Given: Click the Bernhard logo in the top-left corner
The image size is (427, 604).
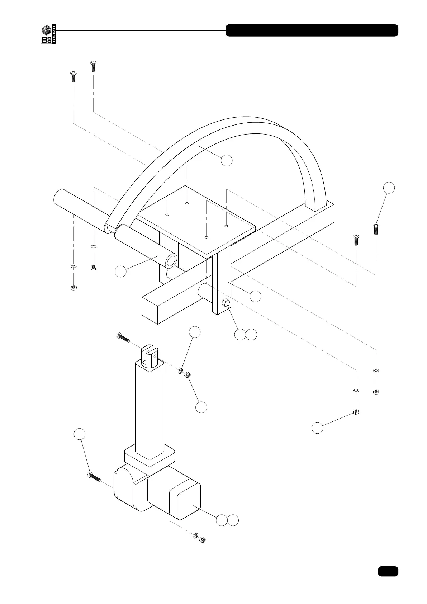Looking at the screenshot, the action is click(48, 34).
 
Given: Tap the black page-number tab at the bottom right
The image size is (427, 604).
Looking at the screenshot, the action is click(388, 571).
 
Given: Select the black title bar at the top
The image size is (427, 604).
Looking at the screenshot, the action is click(312, 30).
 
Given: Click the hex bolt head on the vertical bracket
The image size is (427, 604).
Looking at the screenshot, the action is click(226, 303).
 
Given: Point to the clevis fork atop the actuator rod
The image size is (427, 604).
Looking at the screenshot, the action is click(150, 355).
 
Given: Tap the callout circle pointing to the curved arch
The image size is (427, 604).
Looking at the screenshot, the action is click(227, 160).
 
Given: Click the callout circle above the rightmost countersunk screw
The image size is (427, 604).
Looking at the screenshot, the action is click(389, 188).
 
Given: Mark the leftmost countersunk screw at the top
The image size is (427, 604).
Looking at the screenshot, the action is click(73, 76).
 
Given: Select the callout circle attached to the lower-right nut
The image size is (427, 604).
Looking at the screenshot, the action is click(317, 428).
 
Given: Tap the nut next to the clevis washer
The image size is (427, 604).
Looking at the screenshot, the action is click(187, 375).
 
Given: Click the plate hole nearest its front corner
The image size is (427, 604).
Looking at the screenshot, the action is click(206, 237).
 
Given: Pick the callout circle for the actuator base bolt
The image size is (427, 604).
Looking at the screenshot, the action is click(80, 434).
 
